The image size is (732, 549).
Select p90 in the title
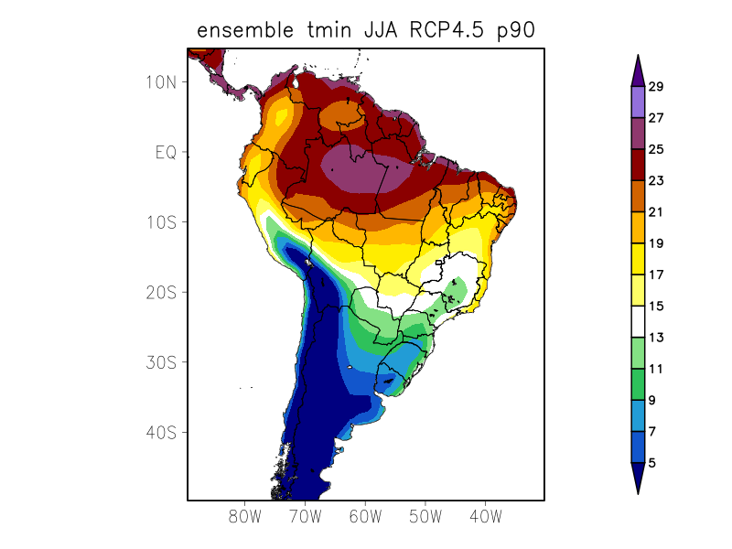pos(513,30)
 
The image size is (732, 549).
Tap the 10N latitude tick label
pos(160,81)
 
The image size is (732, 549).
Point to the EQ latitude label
pos(165,152)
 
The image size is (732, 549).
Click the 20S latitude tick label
pos(160,292)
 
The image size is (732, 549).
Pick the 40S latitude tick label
pos(160,432)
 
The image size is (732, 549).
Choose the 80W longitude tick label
pos(245,517)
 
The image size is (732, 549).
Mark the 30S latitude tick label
pos(160,362)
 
